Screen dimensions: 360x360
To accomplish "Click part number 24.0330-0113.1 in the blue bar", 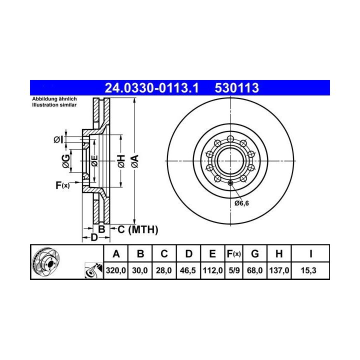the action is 151,88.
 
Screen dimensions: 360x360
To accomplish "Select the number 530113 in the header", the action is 236,88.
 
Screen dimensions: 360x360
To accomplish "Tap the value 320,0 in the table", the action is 115,270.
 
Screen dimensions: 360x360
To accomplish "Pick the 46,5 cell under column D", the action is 188,270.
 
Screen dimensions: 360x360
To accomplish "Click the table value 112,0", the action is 212,270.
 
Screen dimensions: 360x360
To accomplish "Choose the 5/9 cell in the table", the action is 234,270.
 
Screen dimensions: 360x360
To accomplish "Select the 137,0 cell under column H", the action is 279,270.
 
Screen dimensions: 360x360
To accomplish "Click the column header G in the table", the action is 255,253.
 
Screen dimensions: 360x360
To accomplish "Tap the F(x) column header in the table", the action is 233,254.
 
